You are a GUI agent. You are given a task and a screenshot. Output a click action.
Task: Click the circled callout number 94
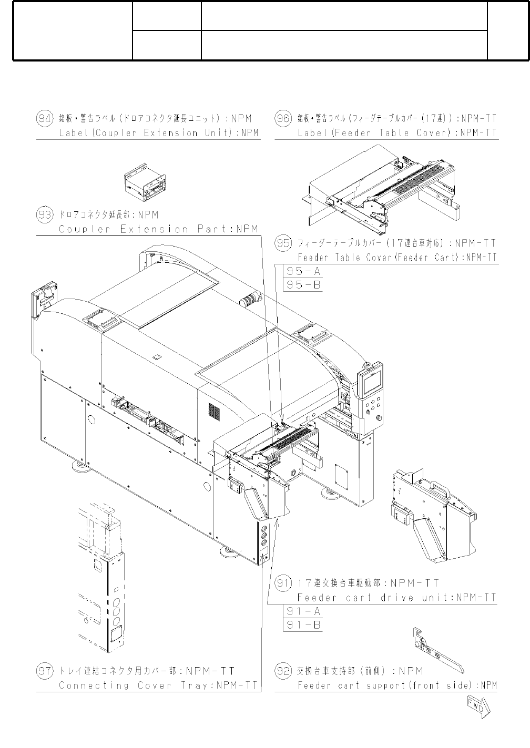click(45, 119)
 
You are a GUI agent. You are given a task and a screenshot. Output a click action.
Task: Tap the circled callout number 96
click(283, 119)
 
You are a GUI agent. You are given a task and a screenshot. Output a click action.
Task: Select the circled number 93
click(45, 214)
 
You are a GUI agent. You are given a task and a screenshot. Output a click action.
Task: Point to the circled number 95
click(283, 243)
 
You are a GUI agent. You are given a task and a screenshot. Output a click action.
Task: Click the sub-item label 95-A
click(303, 271)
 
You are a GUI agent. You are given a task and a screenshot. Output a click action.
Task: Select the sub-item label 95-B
click(303, 285)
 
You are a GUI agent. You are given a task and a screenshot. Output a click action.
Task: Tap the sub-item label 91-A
click(303, 611)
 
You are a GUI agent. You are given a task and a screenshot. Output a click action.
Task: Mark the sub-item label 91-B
click(303, 625)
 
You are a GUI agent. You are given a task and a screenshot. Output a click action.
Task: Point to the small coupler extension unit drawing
click(145, 182)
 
